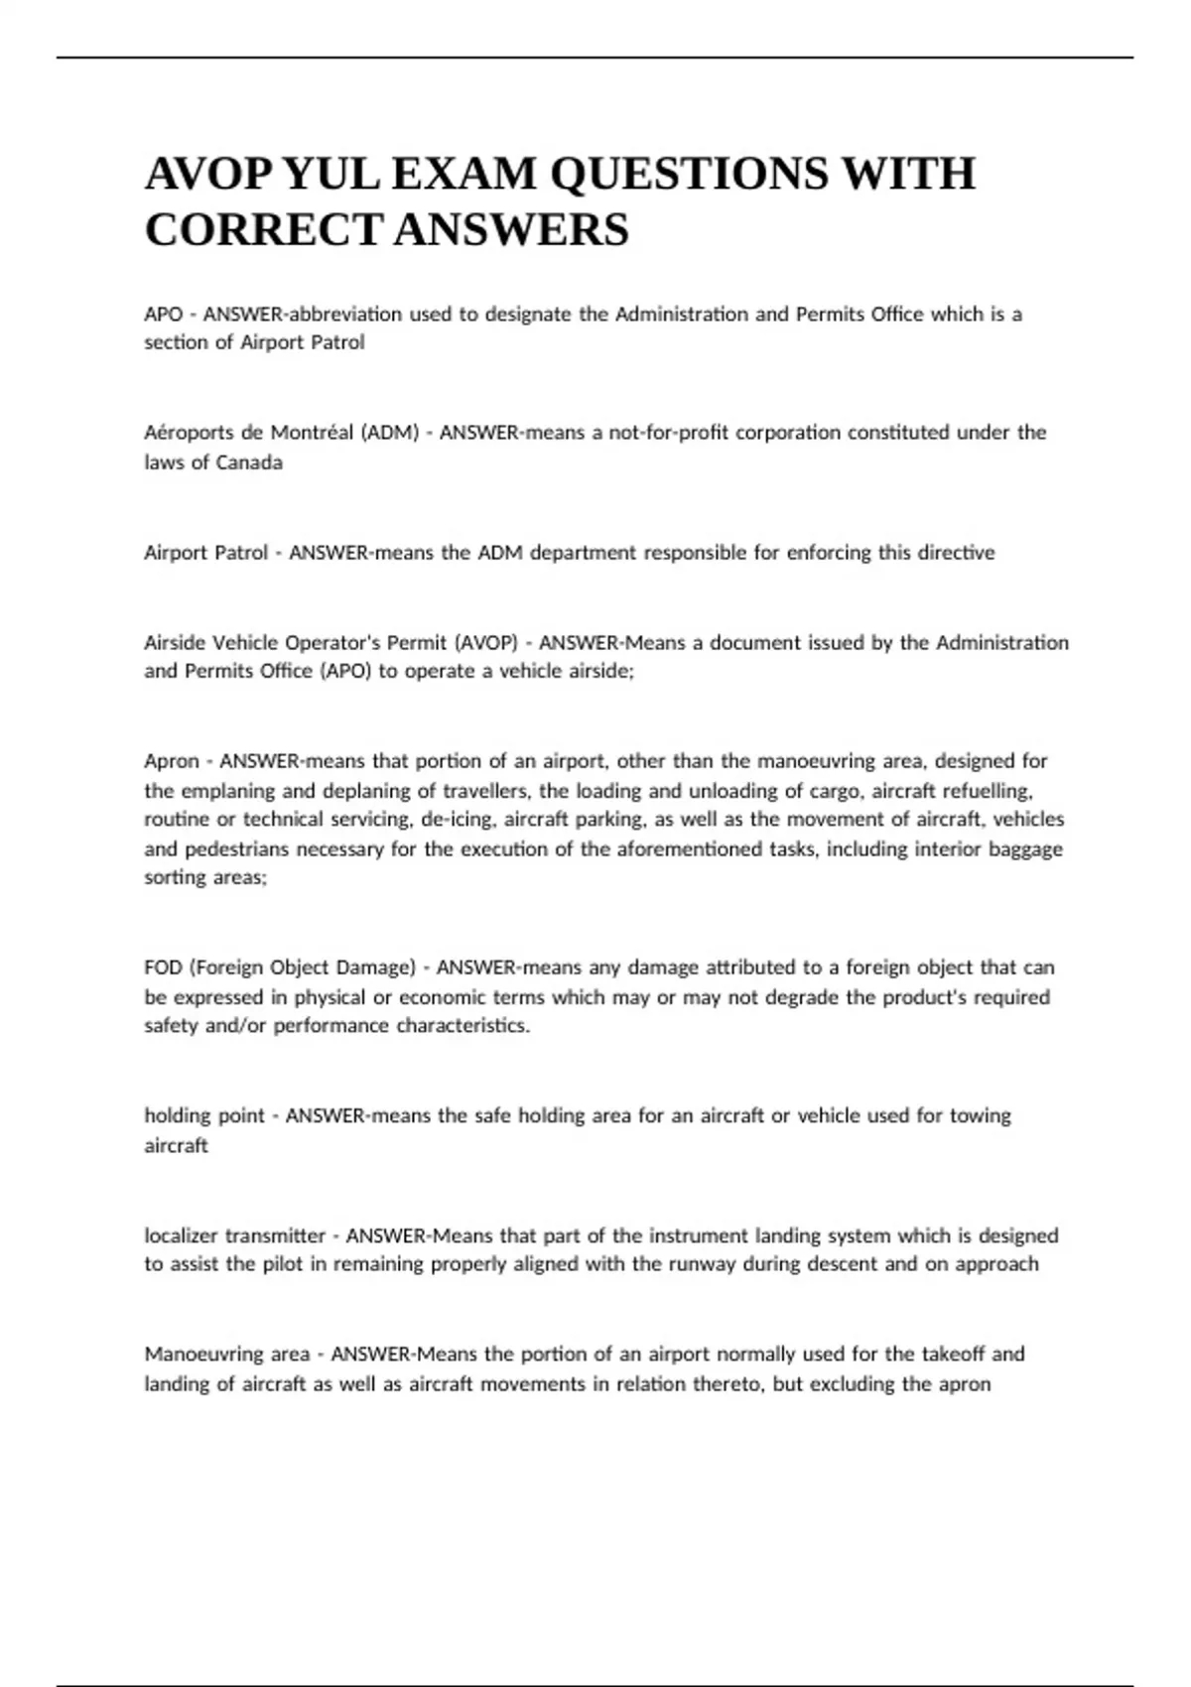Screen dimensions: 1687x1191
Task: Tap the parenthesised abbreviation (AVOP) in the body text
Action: pos(485,643)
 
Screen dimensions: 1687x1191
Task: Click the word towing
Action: pos(981,1116)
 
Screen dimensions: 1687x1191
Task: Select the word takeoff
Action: pos(955,1355)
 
